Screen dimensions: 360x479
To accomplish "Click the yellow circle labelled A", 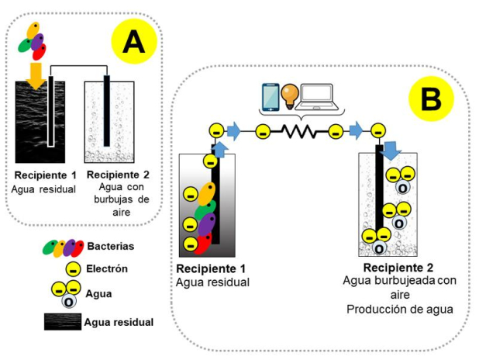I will (x=134, y=42).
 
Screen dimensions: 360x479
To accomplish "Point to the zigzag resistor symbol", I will (x=299, y=130).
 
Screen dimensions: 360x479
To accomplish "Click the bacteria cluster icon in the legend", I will (x=64, y=247).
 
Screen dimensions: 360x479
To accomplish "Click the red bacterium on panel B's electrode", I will (x=205, y=244).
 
